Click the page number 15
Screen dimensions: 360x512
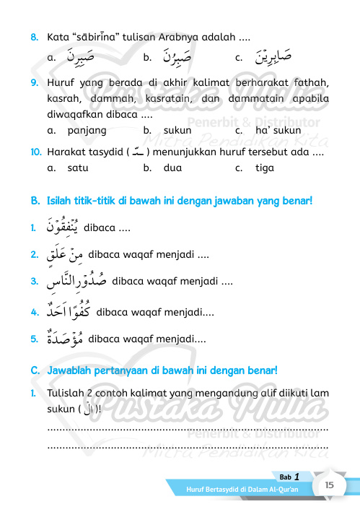pyautogui.click(x=328, y=486)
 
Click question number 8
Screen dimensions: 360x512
pyautogui.click(x=35, y=35)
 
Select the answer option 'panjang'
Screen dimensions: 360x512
pyautogui.click(x=87, y=131)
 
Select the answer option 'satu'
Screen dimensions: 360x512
pyautogui.click(x=77, y=168)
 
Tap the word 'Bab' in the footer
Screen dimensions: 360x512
pyautogui.click(x=284, y=477)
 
